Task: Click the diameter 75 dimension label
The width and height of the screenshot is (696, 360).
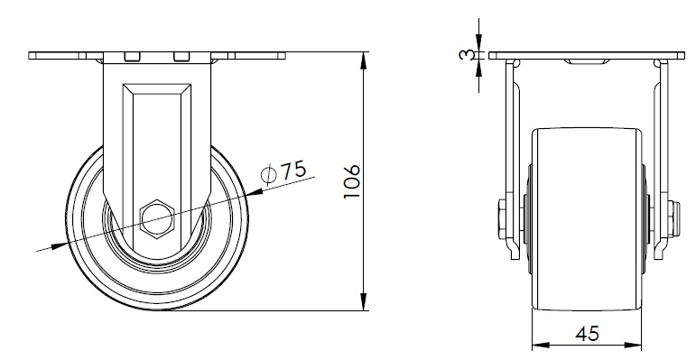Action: [x=284, y=171]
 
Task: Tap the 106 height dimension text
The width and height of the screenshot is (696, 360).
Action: [x=352, y=181]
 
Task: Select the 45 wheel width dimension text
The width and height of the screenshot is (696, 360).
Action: [x=587, y=333]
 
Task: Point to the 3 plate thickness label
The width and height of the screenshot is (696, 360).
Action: [x=465, y=55]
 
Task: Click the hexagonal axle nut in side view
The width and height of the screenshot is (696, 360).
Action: [x=157, y=219]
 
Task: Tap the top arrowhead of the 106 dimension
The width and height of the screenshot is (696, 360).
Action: [x=364, y=60]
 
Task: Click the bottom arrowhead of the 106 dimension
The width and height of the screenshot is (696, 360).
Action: [x=364, y=302]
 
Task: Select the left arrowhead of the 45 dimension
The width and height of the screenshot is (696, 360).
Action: [x=541, y=346]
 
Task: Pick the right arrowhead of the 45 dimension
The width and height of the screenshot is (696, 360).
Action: [x=633, y=346]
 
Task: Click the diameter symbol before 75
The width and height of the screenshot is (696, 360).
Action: [x=269, y=175]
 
